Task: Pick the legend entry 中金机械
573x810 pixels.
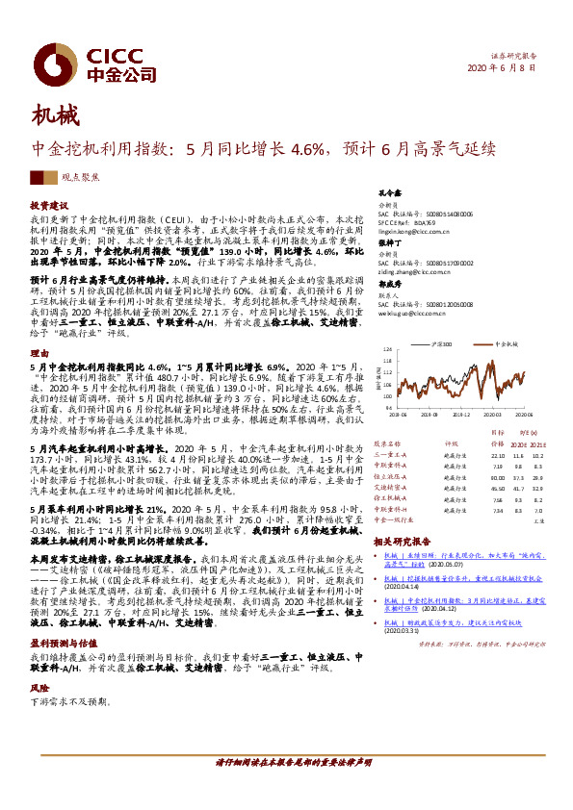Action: click(507, 342)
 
